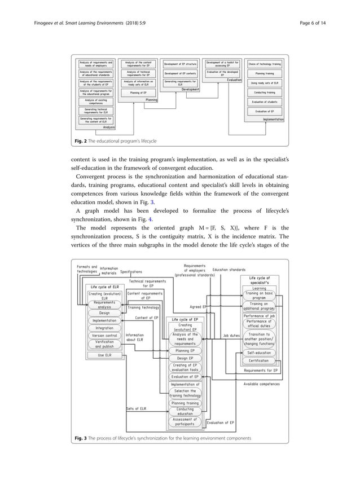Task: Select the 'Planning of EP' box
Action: point(138,92)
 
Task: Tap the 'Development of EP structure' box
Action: point(180,64)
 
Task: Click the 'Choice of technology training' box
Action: point(264,64)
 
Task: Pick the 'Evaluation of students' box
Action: point(264,102)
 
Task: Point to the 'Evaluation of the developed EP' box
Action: point(222,73)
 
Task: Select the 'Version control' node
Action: point(104,335)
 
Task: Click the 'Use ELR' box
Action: point(104,355)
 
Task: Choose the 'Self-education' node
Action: point(259,353)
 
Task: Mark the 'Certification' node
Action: point(259,360)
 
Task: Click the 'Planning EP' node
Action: point(185,350)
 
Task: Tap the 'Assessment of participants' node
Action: point(185,422)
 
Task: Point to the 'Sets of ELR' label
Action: point(136,408)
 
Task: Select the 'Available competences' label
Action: point(261,384)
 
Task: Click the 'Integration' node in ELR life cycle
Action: point(104,328)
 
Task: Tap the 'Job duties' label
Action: point(231,336)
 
